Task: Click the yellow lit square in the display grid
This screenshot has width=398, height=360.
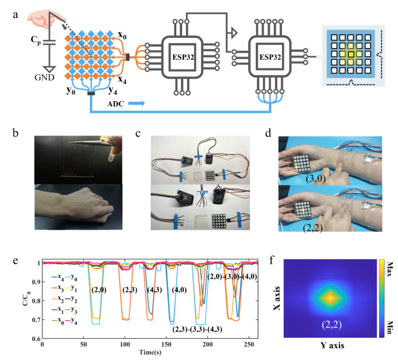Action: point(350,54)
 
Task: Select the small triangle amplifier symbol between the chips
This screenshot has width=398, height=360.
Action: point(233,34)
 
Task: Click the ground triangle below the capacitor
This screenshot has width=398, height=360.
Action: point(50,70)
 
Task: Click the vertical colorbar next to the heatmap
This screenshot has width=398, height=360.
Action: point(381,299)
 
